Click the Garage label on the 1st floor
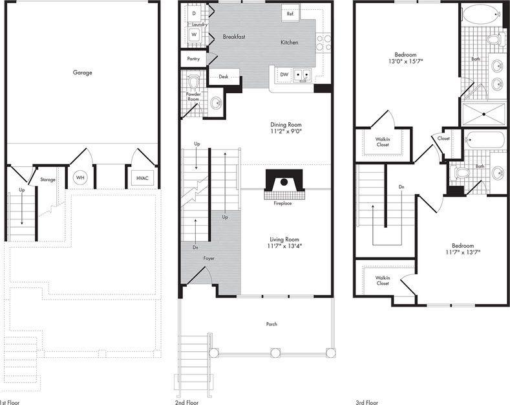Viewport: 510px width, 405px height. click(x=82, y=72)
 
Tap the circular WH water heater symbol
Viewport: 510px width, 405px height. click(x=80, y=177)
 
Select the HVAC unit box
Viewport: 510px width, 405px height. click(x=142, y=177)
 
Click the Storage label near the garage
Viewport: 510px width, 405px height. click(x=48, y=179)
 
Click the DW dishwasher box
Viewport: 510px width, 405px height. click(x=284, y=74)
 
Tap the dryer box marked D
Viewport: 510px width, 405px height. click(x=194, y=12)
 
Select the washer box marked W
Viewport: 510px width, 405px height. click(x=194, y=34)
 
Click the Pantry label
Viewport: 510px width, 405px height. click(x=193, y=59)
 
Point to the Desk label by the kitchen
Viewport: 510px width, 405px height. click(x=223, y=77)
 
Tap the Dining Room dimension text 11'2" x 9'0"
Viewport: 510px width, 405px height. click(x=285, y=132)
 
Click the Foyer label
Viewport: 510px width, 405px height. click(x=209, y=258)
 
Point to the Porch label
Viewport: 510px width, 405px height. click(x=271, y=324)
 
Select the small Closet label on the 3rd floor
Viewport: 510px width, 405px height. click(x=443, y=138)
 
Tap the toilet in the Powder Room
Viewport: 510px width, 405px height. click(x=193, y=83)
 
